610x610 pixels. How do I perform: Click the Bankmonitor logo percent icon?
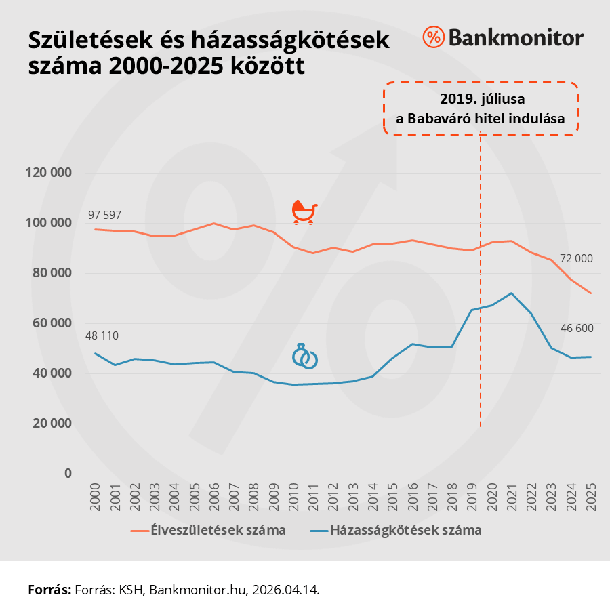[433, 37]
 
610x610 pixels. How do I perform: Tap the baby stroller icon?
[304, 212]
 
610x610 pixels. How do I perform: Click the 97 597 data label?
[104, 215]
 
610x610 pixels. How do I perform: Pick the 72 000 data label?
[576, 258]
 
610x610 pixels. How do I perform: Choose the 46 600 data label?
[577, 329]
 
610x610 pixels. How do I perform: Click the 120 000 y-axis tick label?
[49, 173]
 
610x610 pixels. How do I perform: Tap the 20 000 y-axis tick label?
[52, 424]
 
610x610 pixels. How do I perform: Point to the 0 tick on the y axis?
[68, 474]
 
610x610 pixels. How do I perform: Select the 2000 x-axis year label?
[95, 497]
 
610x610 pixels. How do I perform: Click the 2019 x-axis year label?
[472, 497]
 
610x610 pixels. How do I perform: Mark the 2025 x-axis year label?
[591, 497]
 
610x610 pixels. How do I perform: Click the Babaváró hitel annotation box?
[481, 108]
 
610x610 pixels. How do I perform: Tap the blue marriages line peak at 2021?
[512, 293]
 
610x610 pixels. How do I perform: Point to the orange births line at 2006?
[213, 224]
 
